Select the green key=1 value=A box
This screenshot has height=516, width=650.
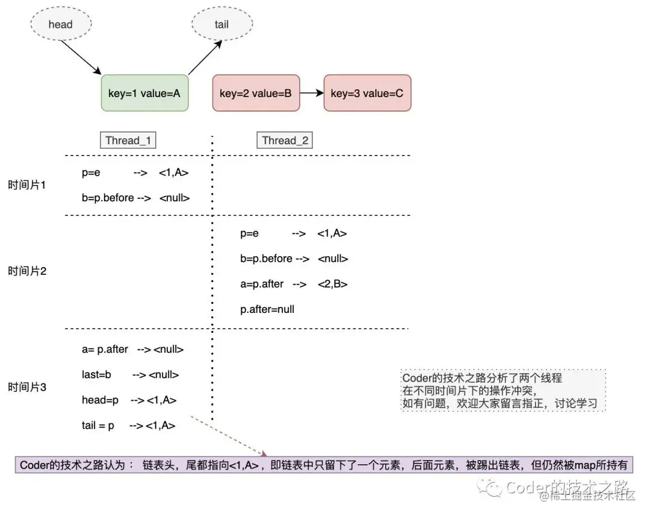(x=144, y=93)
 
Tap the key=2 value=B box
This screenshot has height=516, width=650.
(x=256, y=93)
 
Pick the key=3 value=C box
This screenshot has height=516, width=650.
(x=367, y=93)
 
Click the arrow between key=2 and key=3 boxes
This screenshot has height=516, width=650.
(x=312, y=93)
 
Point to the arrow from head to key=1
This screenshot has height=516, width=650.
(x=81, y=57)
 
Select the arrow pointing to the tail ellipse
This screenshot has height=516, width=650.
(x=205, y=58)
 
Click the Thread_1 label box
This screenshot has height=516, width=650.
(x=128, y=140)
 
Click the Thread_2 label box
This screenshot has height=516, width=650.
(x=285, y=140)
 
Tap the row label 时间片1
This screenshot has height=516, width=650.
(x=26, y=184)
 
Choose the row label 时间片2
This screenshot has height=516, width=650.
(x=27, y=271)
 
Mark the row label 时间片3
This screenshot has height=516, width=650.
(x=27, y=388)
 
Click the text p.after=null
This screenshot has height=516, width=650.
(x=267, y=309)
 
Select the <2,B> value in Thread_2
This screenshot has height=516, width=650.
(x=332, y=284)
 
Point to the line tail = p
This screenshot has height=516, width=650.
(x=129, y=426)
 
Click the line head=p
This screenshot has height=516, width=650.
(x=129, y=400)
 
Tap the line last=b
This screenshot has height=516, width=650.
(x=130, y=375)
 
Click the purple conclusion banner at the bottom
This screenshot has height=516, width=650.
(x=324, y=465)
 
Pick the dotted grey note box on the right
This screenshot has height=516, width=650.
(x=503, y=390)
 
